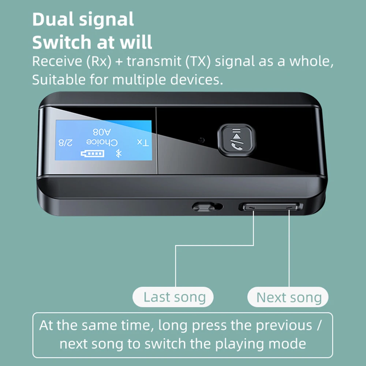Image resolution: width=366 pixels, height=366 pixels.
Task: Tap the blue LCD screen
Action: (103, 140)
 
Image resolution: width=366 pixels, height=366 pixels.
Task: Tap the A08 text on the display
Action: (101, 131)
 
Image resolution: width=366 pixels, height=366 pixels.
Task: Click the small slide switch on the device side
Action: (203, 207)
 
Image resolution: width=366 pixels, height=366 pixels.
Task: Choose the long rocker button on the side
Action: (271, 207)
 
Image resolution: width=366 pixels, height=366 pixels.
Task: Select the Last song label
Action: (174, 297)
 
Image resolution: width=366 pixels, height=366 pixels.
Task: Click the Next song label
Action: (289, 298)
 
